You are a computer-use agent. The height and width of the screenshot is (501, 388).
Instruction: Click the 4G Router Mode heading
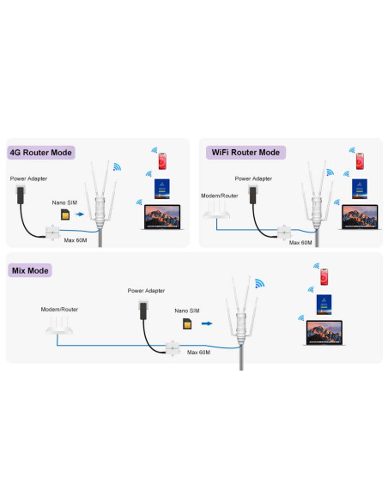tap(41, 153)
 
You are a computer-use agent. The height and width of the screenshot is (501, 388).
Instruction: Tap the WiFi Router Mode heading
tap(246, 153)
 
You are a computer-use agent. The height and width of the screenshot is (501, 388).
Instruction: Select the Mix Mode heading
tap(30, 270)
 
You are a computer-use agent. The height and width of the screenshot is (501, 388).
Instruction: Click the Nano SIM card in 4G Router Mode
tap(65, 214)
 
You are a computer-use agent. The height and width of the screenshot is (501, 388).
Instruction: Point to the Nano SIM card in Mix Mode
tap(187, 324)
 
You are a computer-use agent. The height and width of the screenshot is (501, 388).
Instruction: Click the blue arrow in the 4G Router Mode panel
tap(80, 214)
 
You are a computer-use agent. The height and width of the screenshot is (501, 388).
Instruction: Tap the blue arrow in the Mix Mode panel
tap(207, 323)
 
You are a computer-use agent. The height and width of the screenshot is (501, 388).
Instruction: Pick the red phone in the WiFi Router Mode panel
tap(360, 161)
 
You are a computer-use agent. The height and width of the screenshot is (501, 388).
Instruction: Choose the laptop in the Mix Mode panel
tap(324, 333)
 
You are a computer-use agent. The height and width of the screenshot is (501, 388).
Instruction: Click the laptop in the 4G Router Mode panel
tap(162, 217)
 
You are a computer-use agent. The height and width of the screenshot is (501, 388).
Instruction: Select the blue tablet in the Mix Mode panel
tap(324, 305)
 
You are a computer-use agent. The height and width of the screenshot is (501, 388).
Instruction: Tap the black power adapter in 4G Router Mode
tap(20, 196)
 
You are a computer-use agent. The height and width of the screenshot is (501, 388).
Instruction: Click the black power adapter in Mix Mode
tap(143, 311)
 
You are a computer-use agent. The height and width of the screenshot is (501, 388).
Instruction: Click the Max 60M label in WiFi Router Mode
tap(300, 243)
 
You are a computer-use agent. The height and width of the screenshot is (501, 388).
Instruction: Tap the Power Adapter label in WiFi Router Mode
tap(253, 178)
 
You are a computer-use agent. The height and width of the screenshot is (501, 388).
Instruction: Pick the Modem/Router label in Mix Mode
tap(59, 310)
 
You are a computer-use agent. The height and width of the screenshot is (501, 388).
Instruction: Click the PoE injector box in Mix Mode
tap(173, 348)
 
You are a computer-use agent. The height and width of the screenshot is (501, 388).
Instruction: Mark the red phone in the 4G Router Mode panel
tap(162, 161)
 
